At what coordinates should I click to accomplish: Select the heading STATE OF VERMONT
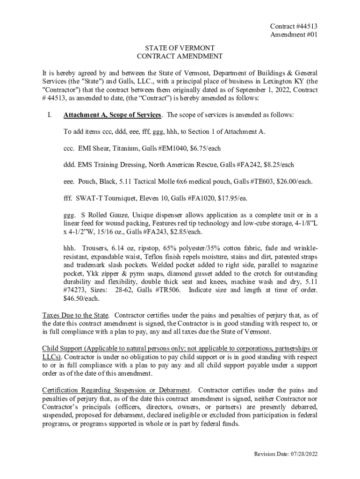click(180, 48)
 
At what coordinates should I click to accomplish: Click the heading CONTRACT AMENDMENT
click(180, 57)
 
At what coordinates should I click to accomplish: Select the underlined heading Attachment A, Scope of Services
click(113, 115)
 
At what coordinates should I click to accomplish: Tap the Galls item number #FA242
click(250, 165)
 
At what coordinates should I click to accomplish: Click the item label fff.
click(68, 198)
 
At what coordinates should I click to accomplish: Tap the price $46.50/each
click(81, 298)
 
